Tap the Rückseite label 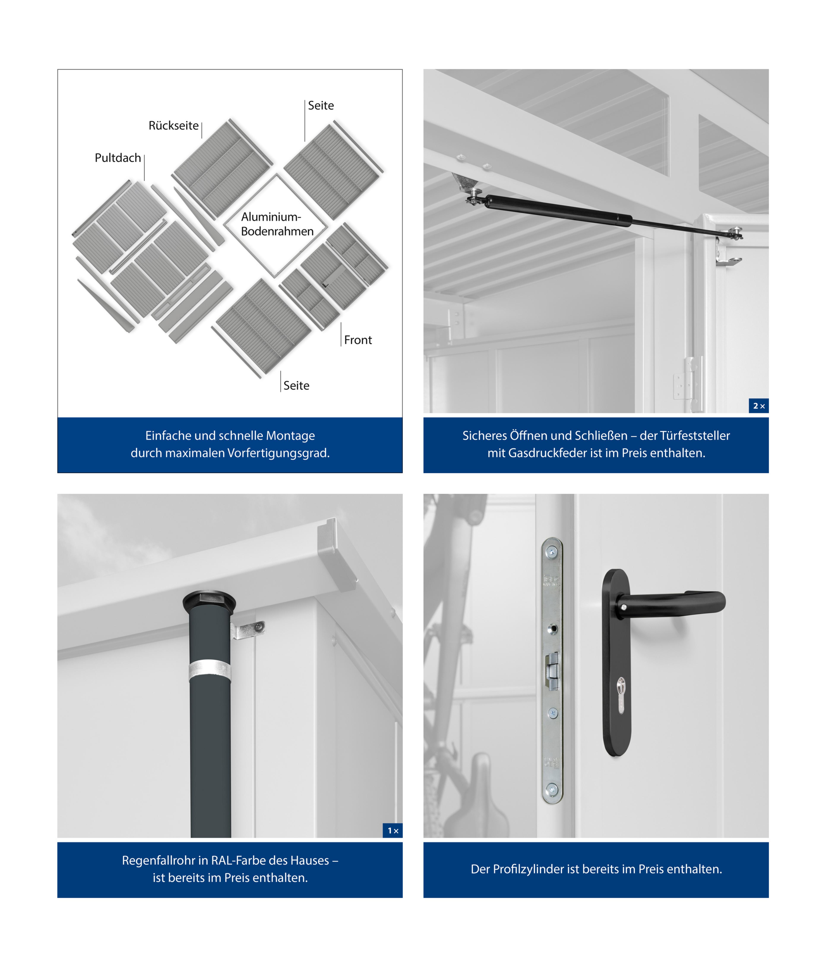click(174, 126)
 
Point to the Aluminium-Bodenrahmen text click(277, 224)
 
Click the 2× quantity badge click(759, 406)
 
